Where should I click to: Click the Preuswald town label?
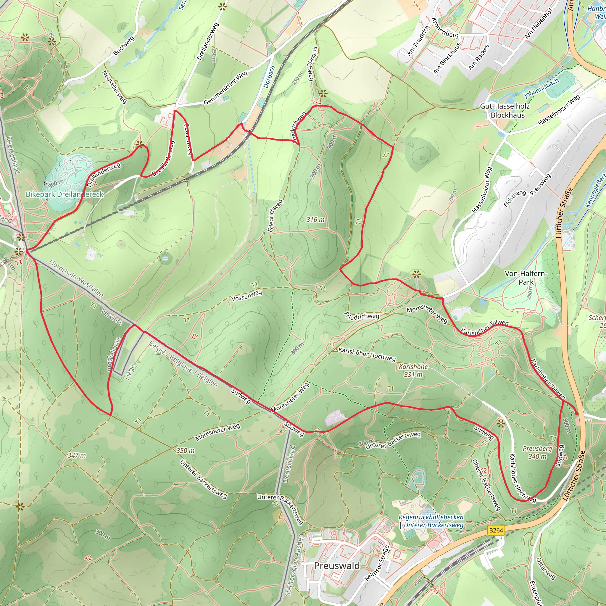[336, 565]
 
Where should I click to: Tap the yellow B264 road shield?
[496, 530]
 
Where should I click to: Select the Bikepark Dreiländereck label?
[64, 194]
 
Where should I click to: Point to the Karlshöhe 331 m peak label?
[413, 370]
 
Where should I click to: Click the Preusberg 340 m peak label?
[537, 452]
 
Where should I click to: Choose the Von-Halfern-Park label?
[526, 278]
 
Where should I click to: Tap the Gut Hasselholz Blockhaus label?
[505, 111]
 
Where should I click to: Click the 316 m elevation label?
[315, 220]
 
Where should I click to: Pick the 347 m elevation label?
[77, 455]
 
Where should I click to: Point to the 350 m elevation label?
[185, 450]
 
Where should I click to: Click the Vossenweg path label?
[246, 296]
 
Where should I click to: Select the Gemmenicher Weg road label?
[225, 88]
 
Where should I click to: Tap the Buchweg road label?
[124, 46]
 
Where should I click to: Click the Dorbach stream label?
[269, 76]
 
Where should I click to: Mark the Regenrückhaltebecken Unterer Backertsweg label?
[431, 521]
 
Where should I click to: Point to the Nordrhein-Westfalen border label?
[76, 278]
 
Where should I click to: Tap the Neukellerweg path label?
[115, 87]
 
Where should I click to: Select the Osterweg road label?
[545, 568]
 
